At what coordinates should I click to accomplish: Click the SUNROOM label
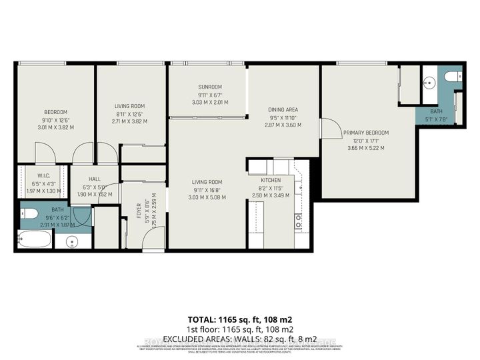click(209, 87)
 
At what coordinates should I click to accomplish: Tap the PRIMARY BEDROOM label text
click(366, 133)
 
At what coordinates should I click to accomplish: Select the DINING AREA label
click(283, 109)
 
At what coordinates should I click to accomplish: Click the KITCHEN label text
click(270, 180)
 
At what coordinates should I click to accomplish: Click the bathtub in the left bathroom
click(34, 239)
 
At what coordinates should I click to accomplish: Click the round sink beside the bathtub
click(73, 241)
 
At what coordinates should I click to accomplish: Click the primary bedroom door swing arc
click(328, 128)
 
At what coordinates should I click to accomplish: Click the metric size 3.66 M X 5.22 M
click(366, 148)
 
